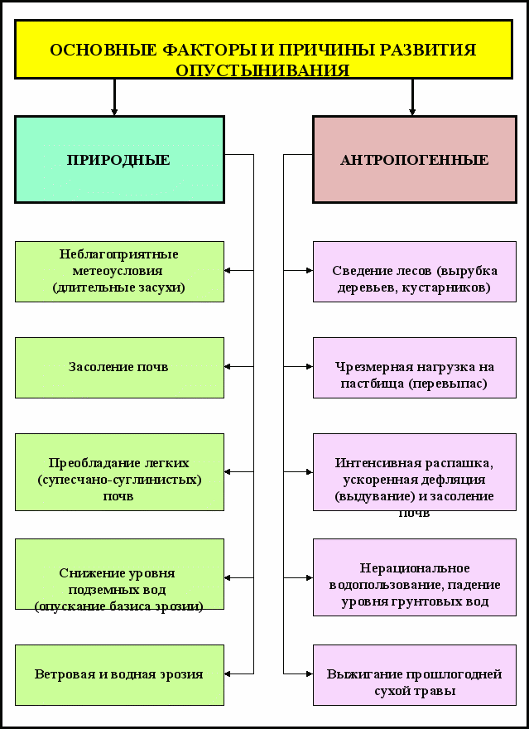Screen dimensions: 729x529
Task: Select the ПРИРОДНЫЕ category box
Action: click(x=119, y=160)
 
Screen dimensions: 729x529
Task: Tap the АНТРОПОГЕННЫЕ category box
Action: click(x=414, y=160)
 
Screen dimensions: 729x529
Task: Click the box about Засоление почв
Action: click(x=119, y=367)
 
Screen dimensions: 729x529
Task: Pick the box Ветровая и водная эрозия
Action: click(x=119, y=674)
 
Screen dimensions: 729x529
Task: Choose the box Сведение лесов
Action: click(x=414, y=271)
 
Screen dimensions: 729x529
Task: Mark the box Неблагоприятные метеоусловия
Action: click(x=119, y=271)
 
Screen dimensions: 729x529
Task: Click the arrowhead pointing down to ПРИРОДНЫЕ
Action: click(x=114, y=110)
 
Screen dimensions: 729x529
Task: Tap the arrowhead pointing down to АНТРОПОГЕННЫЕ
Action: click(x=412, y=110)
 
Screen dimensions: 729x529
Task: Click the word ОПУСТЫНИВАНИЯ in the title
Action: click(x=262, y=70)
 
